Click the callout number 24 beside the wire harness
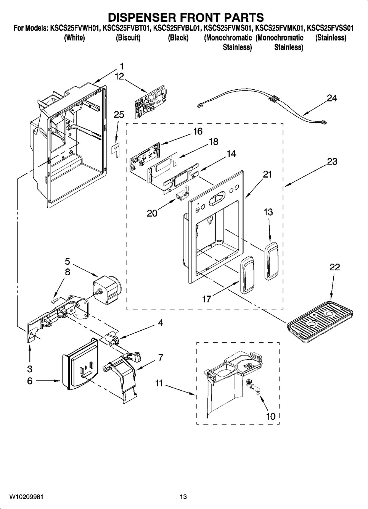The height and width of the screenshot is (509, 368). [332, 99]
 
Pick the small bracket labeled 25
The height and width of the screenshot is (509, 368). [116, 149]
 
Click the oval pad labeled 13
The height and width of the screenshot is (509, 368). [271, 260]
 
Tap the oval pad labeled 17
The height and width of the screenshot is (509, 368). [246, 275]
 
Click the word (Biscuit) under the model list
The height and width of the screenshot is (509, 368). [128, 38]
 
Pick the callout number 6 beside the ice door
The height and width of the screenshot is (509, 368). [30, 381]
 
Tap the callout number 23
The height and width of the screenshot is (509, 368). [332, 162]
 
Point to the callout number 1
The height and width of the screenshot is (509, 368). [121, 66]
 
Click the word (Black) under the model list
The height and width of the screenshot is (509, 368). [178, 38]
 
